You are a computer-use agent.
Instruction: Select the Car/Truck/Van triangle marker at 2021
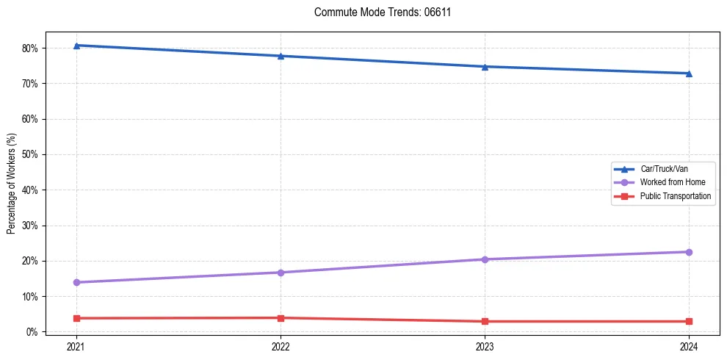click(x=76, y=46)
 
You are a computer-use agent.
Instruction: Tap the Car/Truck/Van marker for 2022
click(x=281, y=56)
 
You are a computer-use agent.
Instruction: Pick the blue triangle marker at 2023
click(x=485, y=67)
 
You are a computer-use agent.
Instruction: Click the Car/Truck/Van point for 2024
click(x=689, y=73)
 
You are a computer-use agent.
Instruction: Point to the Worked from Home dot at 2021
click(x=76, y=282)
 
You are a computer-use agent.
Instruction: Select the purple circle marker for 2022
click(x=281, y=273)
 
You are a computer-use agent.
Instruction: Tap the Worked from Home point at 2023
click(x=485, y=259)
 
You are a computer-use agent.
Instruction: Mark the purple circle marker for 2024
click(x=689, y=252)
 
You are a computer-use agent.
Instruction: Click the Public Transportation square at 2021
click(x=76, y=318)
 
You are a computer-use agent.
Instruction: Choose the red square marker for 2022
click(x=281, y=318)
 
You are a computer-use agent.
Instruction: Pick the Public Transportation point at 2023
click(x=485, y=321)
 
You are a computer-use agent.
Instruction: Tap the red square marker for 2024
click(x=689, y=321)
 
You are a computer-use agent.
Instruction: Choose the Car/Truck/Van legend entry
click(x=664, y=169)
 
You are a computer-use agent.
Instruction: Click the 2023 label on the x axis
click(x=485, y=346)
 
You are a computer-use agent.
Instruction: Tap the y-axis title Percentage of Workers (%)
click(x=12, y=184)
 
